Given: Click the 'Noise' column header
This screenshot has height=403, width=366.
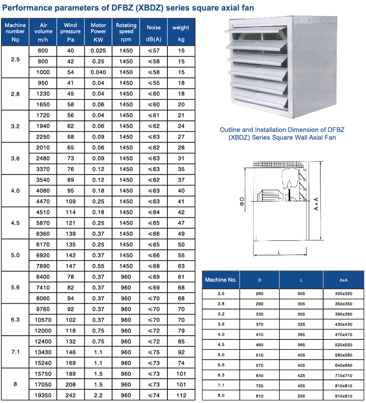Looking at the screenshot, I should point(154,27).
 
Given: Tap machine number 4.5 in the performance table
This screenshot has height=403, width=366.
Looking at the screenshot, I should point(15,223).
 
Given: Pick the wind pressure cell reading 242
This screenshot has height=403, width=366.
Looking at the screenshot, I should point(71,395).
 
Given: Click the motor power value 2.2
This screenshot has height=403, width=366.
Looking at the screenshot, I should point(98,395).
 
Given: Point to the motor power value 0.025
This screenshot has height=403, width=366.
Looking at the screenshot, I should point(98,51).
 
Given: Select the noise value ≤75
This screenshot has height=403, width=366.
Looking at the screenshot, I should point(154,352).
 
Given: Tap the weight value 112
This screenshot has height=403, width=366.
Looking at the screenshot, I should point(181,395).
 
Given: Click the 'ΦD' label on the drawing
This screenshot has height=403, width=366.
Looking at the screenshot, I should point(242,201).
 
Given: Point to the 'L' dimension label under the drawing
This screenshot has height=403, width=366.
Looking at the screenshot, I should point(279,251).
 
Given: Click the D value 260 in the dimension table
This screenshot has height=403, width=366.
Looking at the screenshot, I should point(260,294).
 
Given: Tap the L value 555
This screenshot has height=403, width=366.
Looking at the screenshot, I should point(301,394).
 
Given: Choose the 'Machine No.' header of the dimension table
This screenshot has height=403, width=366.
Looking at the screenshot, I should point(221,279).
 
